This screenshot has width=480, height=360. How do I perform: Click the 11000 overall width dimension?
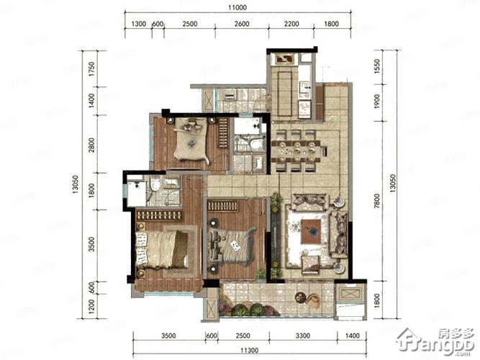tap(237, 7)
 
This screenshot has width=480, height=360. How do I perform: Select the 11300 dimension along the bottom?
tap(250, 350)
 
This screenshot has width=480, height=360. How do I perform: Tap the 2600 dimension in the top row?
tap(242, 24)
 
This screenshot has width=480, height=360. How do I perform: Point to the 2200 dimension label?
tap(291, 24)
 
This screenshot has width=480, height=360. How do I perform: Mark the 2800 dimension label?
tap(91, 145)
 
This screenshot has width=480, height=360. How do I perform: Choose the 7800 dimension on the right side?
tap(377, 201)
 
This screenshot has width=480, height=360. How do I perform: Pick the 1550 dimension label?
tap(377, 66)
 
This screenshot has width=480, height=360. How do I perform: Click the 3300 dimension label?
tap(303, 336)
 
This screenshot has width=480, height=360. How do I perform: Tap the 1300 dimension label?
tap(139, 24)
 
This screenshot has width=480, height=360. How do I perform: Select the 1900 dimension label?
tap(377, 101)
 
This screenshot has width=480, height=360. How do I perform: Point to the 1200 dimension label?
tap(91, 306)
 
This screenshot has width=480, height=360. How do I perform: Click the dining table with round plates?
tap(296, 151)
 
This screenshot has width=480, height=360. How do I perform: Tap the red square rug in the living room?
tap(311, 232)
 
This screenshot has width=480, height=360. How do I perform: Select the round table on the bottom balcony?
tap(300, 297)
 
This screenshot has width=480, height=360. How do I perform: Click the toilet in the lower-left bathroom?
tap(155, 185)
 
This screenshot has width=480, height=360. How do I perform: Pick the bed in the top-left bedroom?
tap(191, 140)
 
